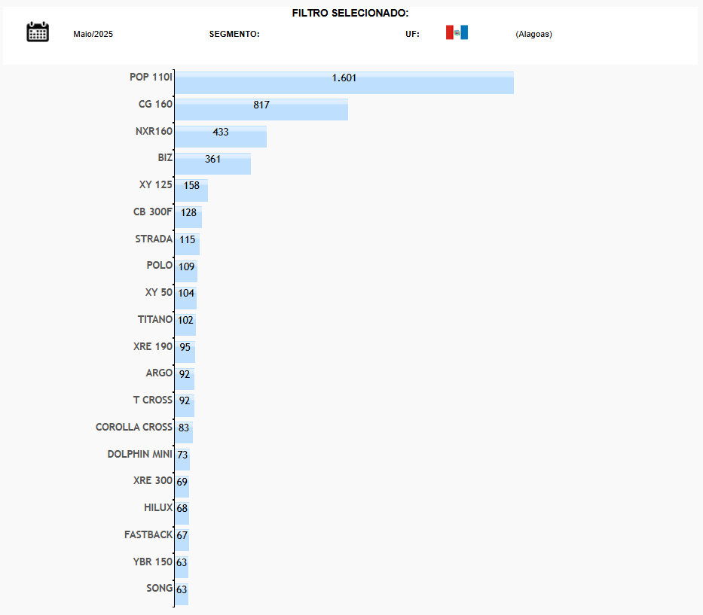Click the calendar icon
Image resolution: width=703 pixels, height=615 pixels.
tap(38, 32)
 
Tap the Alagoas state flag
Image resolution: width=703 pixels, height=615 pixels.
tap(457, 32)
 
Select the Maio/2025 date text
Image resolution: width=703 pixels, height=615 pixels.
tap(93, 34)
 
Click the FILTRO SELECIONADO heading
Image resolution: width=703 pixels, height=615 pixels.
tap(350, 13)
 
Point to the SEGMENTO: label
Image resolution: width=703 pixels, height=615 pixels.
tap(234, 34)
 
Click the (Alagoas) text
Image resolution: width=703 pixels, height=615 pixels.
tap(533, 34)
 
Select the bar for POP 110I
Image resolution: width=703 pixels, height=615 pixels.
tap(344, 83)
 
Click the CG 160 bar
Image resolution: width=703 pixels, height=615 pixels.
tap(261, 110)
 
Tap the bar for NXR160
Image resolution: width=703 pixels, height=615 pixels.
tap(220, 137)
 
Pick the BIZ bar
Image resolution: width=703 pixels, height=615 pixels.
tap(212, 164)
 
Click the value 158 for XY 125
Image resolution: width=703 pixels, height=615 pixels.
tap(191, 185)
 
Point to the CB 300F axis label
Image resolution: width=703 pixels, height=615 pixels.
tap(152, 212)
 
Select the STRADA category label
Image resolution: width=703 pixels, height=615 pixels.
tap(154, 239)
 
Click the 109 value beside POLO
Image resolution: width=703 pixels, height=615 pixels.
tap(187, 266)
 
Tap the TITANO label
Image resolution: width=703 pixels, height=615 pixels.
tap(154, 319)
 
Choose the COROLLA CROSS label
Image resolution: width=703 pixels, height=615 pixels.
tap(134, 427)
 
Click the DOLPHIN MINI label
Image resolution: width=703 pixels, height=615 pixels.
tap(140, 454)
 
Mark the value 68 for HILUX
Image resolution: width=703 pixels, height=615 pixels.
tap(182, 509)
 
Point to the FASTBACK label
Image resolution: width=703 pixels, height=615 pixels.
tap(148, 534)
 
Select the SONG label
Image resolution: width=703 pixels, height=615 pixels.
tap(159, 588)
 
